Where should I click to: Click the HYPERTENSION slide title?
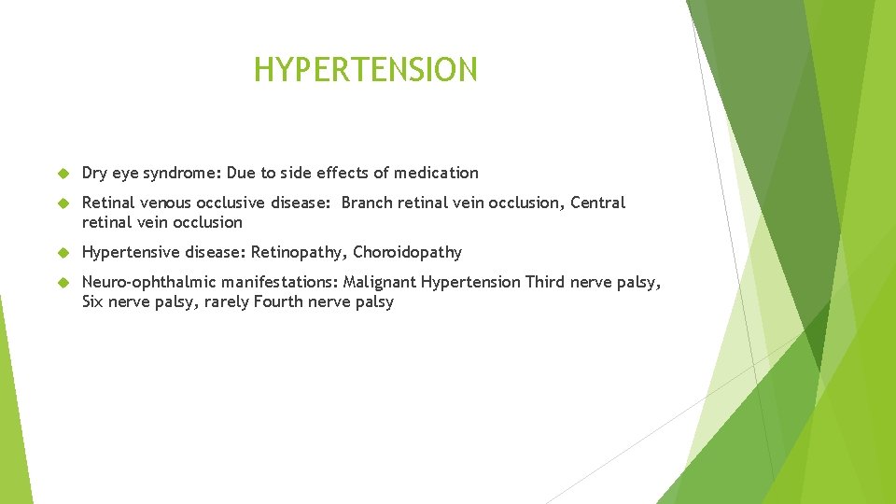pos(365,70)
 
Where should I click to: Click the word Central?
pos(597,203)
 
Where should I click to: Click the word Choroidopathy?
pos(407,252)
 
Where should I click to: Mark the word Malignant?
pos(380,282)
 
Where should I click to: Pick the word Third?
pos(546,282)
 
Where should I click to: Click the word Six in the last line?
pos(93,302)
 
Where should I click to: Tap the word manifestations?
pos(280,282)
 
